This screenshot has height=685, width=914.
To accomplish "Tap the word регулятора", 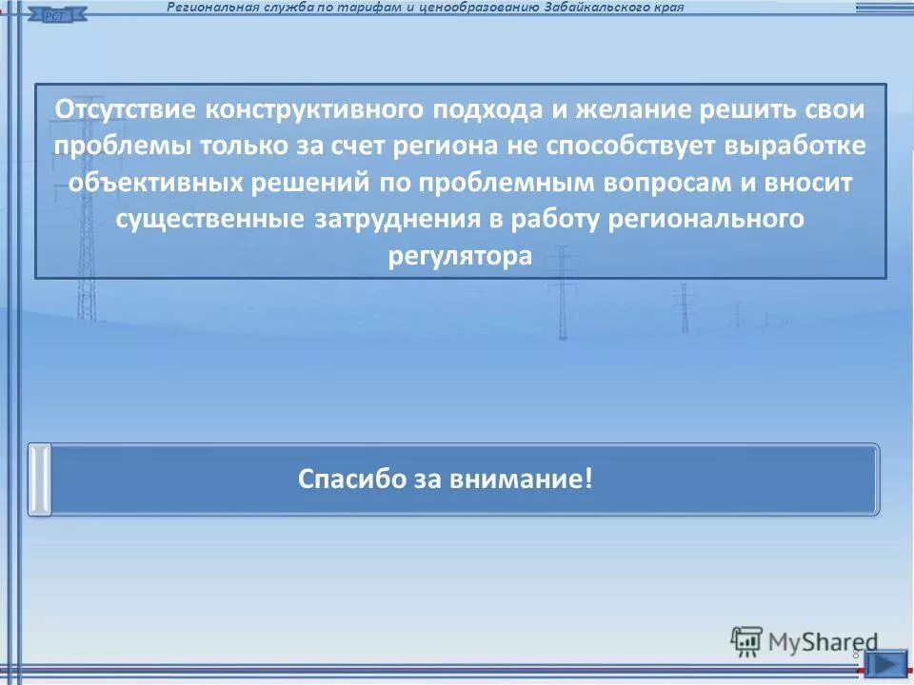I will tap(460, 256).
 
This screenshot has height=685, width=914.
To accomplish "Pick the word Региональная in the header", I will tap(207, 8).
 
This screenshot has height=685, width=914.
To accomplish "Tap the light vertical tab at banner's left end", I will tap(39, 479).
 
